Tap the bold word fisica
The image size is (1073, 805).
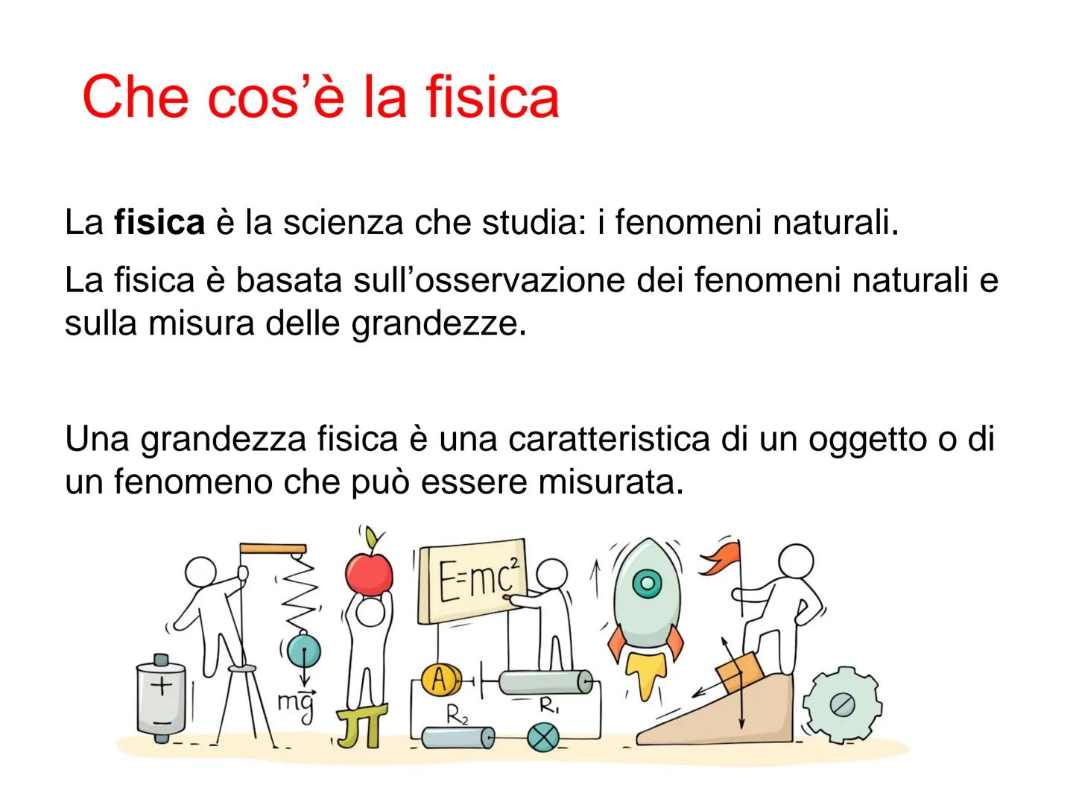159,223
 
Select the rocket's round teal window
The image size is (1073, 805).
647,581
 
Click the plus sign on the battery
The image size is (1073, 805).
161,684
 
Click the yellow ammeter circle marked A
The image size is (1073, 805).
438,679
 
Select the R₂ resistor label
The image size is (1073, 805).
457,716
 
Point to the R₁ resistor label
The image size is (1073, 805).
550,704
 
